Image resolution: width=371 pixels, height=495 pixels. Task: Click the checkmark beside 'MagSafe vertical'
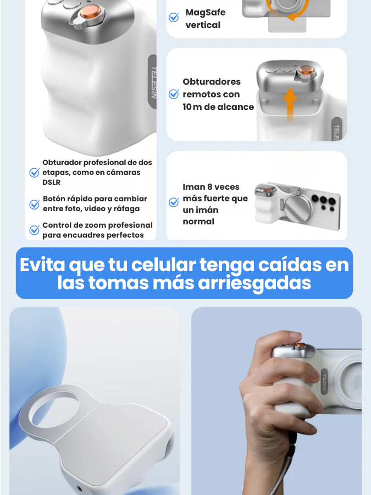(x=174, y=18)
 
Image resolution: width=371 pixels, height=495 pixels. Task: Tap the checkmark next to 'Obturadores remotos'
(x=174, y=94)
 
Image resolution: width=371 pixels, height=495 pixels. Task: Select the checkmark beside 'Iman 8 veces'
(x=174, y=202)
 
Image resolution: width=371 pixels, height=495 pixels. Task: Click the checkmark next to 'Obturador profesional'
(x=35, y=172)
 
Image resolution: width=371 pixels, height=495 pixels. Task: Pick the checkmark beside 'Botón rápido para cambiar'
(x=35, y=204)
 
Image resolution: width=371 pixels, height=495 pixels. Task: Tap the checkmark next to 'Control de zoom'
(x=35, y=230)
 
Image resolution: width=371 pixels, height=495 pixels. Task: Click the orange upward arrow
(x=290, y=104)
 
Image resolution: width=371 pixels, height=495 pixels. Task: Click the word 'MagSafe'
(x=206, y=13)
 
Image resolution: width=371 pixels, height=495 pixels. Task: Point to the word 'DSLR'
(x=52, y=183)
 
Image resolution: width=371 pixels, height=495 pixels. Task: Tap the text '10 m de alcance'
(x=218, y=107)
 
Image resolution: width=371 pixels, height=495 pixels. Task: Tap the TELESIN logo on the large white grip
(x=153, y=82)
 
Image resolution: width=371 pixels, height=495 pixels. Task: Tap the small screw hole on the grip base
(x=79, y=490)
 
